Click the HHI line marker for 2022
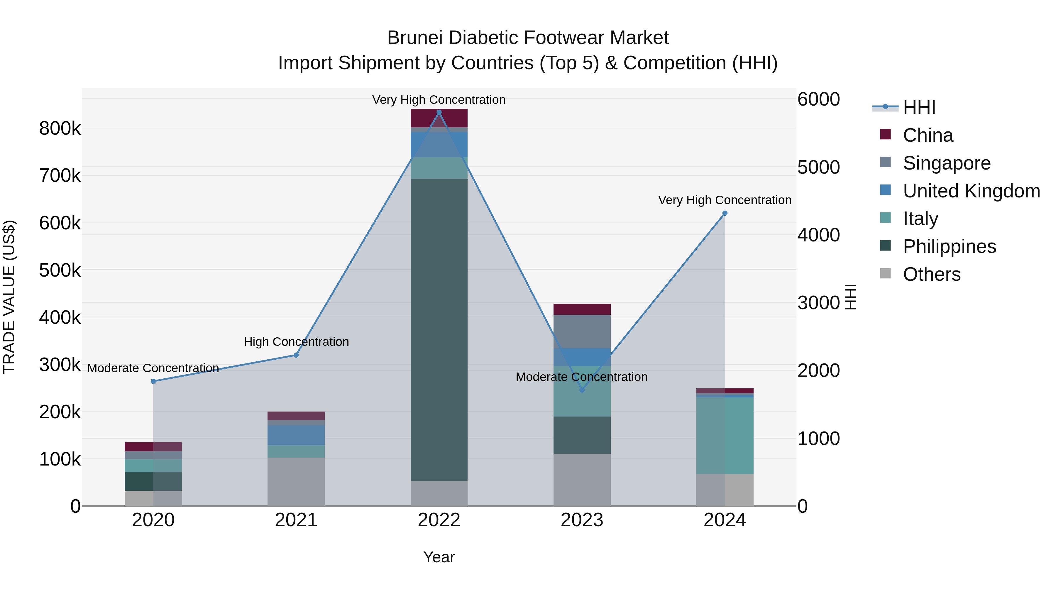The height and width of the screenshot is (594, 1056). (x=439, y=112)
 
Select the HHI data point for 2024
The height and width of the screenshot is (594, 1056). (x=725, y=213)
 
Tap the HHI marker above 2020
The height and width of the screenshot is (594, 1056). (x=153, y=381)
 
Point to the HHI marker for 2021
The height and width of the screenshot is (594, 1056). (x=296, y=355)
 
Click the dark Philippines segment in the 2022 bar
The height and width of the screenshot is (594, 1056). (x=439, y=328)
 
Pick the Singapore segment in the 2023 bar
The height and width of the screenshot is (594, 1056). (x=582, y=331)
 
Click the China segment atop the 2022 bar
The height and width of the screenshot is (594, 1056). (x=439, y=118)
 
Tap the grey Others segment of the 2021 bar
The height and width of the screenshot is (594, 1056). (x=296, y=482)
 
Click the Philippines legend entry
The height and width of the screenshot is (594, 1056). (x=949, y=246)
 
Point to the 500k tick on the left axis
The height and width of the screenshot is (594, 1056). (x=60, y=270)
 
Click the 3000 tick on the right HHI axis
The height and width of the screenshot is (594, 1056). (x=818, y=303)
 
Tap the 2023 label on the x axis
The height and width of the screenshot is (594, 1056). (x=582, y=520)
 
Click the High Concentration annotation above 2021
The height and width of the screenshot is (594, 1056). (x=296, y=341)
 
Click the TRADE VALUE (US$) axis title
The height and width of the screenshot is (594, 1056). (x=9, y=297)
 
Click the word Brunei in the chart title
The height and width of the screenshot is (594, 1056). (x=414, y=38)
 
